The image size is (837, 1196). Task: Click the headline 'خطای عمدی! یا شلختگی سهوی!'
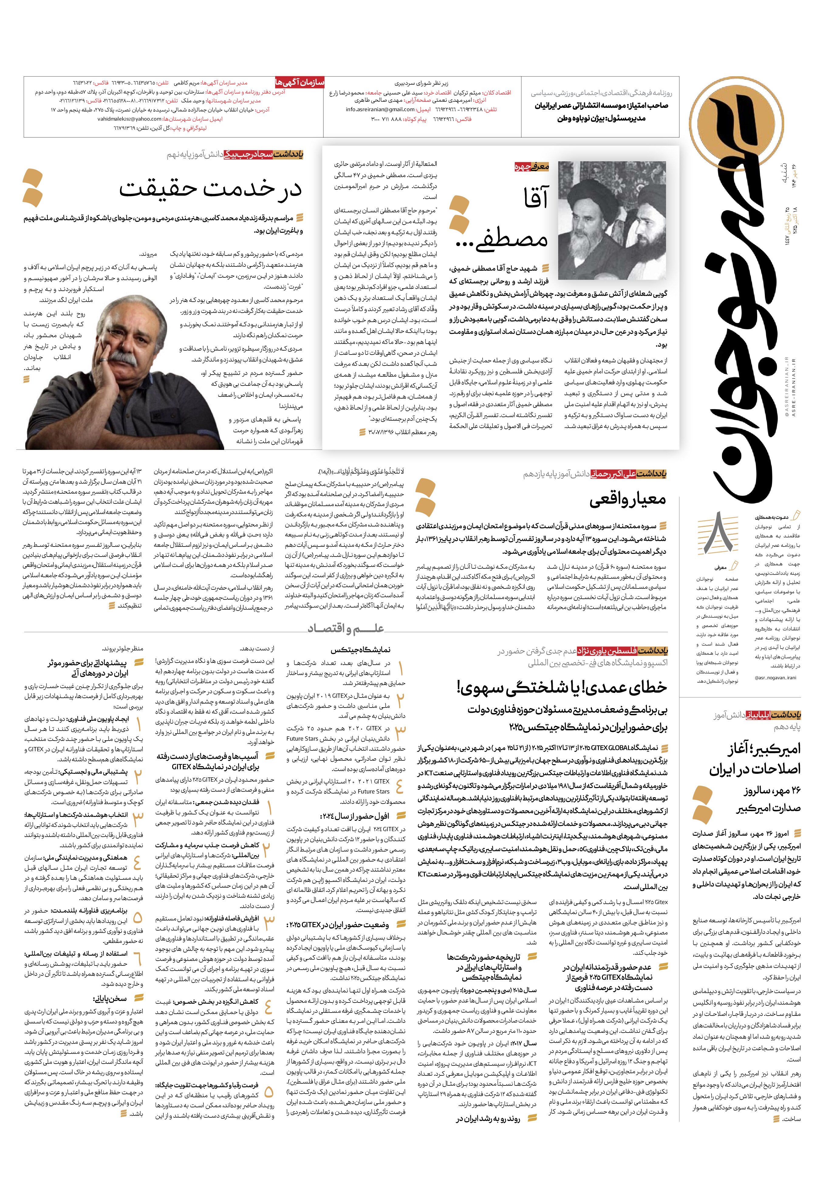[x=562, y=687]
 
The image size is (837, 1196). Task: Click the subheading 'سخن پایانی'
[x=109, y=999]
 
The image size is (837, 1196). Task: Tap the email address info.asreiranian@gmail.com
[x=380, y=110]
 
